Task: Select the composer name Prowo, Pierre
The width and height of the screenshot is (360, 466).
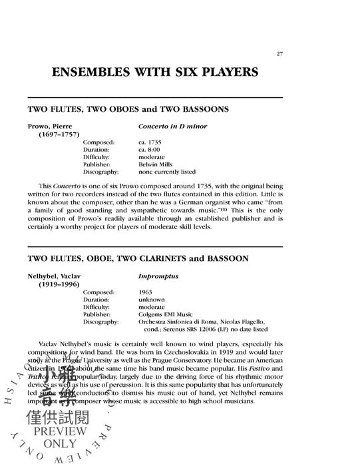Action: click(x=55, y=126)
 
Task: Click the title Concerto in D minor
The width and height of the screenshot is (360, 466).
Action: click(x=172, y=126)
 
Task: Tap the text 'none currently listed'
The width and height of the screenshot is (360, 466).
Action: click(x=166, y=171)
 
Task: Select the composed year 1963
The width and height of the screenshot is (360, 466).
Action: click(x=146, y=291)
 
